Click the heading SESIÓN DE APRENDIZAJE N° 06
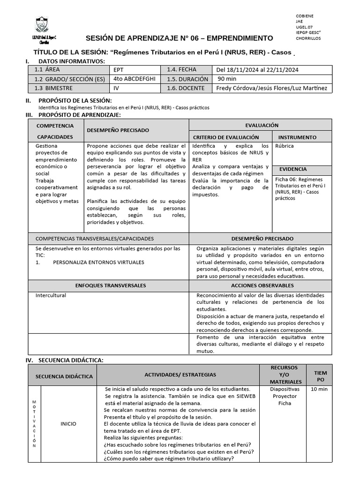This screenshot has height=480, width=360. coord(179,38)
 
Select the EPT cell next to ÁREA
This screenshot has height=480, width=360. coord(119,70)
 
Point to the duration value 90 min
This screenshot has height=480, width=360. coord(227,79)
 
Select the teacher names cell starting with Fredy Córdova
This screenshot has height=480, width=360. coord(271,88)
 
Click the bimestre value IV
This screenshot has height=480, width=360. coord(117,88)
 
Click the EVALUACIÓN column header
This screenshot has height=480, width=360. coord(262,125)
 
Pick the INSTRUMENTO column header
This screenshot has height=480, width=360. coord(297,137)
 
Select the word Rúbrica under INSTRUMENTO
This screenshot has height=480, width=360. coord(285,146)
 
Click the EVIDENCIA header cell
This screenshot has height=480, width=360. coord(293,169)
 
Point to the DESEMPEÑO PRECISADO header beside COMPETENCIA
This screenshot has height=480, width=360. coord(118,130)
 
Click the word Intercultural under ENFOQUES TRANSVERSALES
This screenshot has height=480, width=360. coord(51,295)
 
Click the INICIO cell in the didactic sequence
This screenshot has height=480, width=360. coord(68,424)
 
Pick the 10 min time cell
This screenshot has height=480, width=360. coord(319,389)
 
